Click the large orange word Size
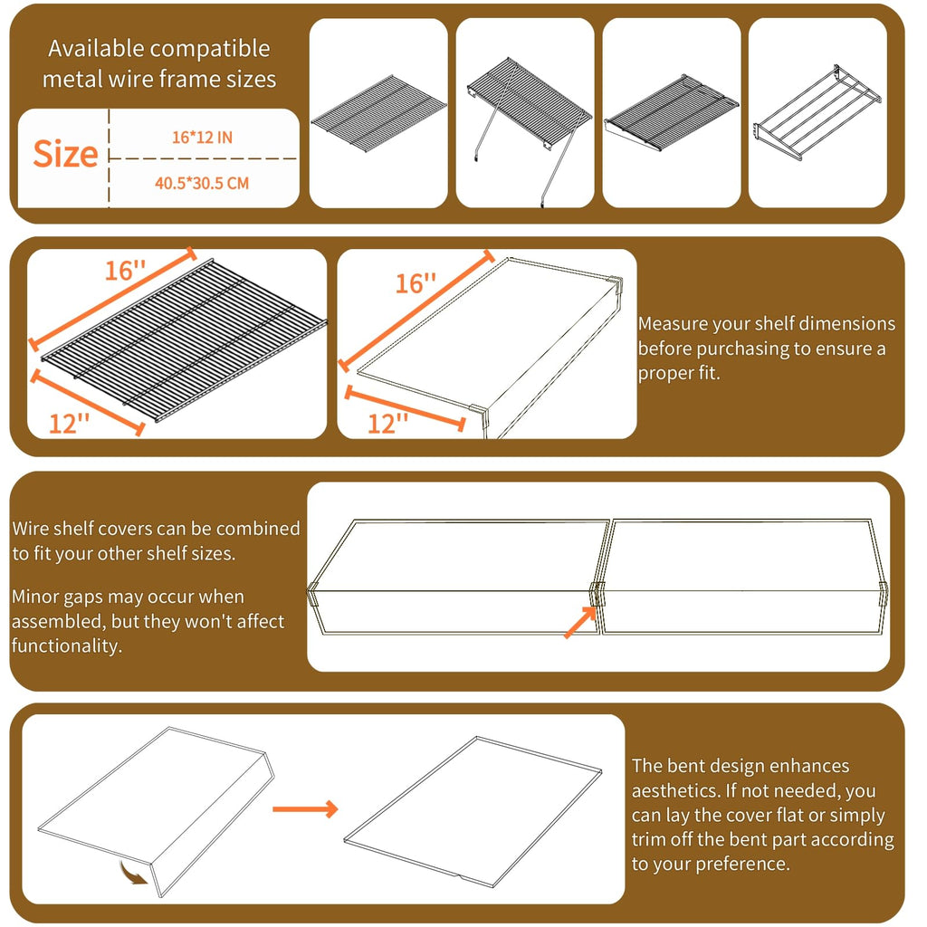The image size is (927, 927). click(65, 154)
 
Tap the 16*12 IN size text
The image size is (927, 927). click(202, 138)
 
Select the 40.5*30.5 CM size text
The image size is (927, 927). click(202, 183)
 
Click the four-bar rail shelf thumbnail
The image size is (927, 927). click(817, 112)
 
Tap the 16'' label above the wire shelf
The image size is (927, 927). click(125, 271)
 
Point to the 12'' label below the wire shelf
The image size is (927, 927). click(69, 424)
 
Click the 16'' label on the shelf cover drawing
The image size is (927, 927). click(416, 283)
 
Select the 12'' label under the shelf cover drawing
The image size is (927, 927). click(387, 424)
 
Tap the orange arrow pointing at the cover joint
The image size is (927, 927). click(580, 623)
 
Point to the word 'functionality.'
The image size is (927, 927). click(67, 645)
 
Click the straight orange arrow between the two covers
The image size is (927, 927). click(305, 808)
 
